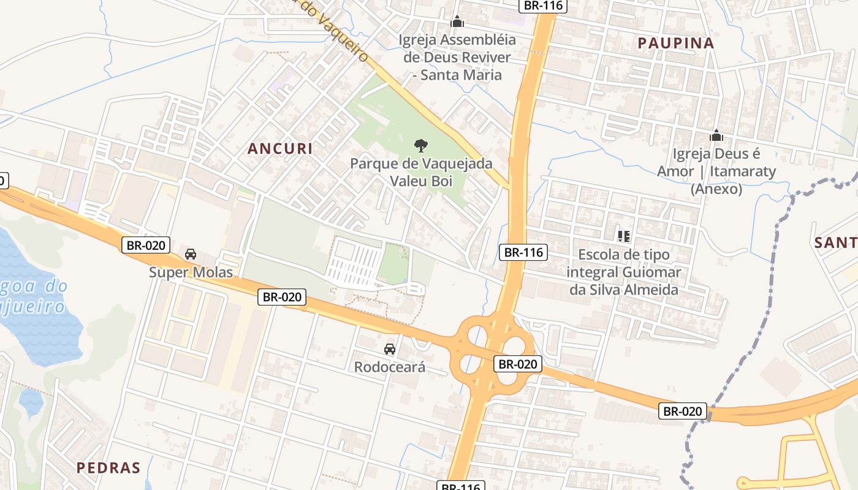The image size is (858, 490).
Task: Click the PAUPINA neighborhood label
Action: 676,43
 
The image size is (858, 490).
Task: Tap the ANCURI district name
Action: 280,148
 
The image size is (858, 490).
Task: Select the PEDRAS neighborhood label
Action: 108,467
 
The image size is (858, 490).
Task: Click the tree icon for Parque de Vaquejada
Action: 420,146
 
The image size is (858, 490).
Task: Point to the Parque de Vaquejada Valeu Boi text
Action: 421,173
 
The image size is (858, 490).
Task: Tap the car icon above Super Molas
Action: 191,254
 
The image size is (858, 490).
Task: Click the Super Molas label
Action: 191,272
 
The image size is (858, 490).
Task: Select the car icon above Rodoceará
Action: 389,349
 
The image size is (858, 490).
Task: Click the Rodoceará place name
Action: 389,367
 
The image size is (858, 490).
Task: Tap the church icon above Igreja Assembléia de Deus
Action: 457,22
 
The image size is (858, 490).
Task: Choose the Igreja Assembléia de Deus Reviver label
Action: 457,58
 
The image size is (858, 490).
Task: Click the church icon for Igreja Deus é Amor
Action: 716,135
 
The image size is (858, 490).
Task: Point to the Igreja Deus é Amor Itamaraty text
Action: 716,171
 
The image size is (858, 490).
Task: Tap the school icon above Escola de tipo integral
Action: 624,236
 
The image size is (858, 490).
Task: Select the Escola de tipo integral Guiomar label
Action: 624,272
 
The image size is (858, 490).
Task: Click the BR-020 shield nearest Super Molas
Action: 146,246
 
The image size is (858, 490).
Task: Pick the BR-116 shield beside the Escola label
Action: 523,252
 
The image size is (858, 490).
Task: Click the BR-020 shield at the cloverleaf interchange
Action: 518,364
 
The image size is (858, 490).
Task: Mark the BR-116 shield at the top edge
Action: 543,6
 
